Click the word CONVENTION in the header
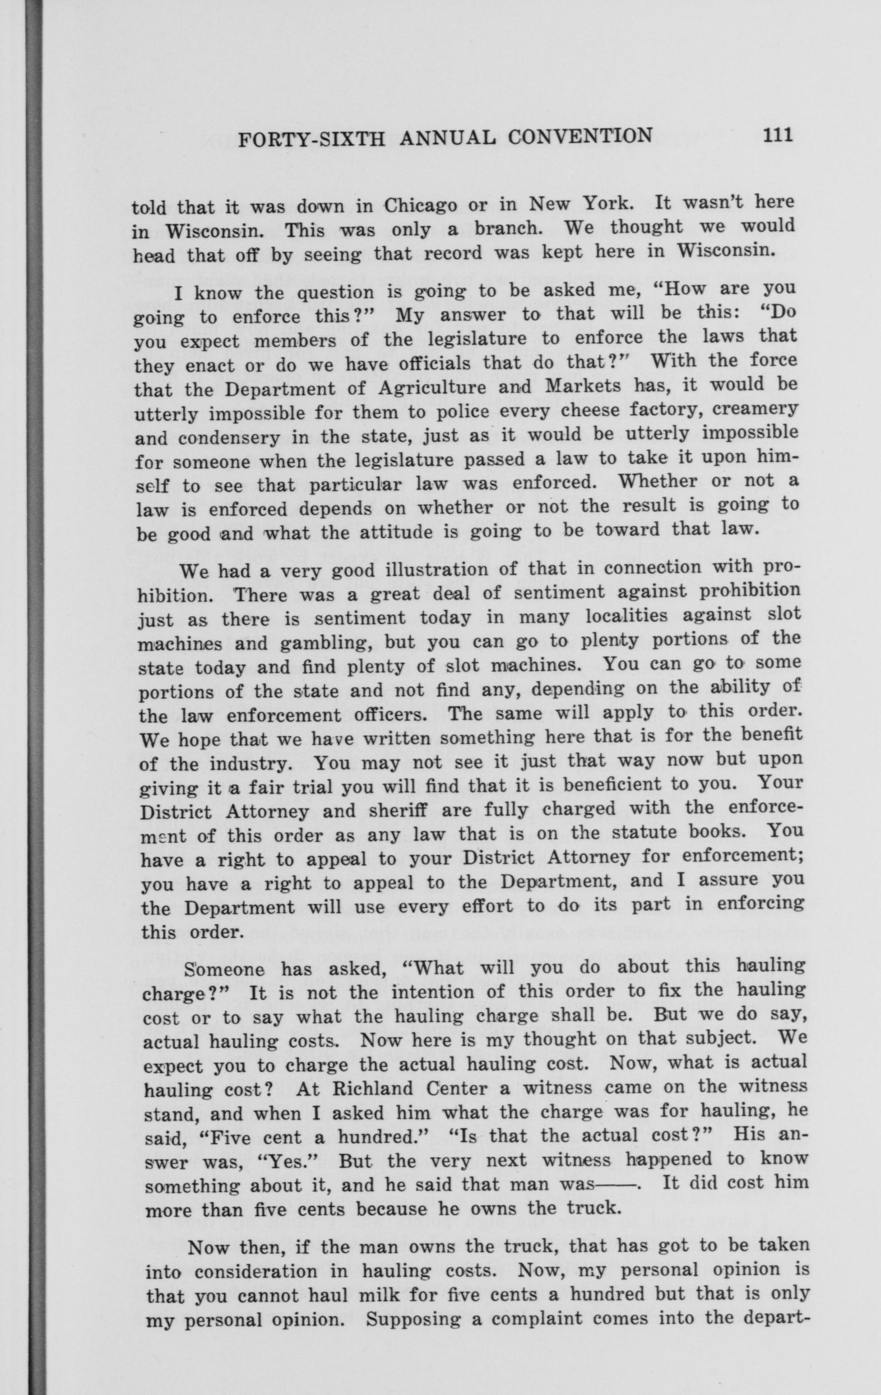(579, 137)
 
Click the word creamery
(757, 408)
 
